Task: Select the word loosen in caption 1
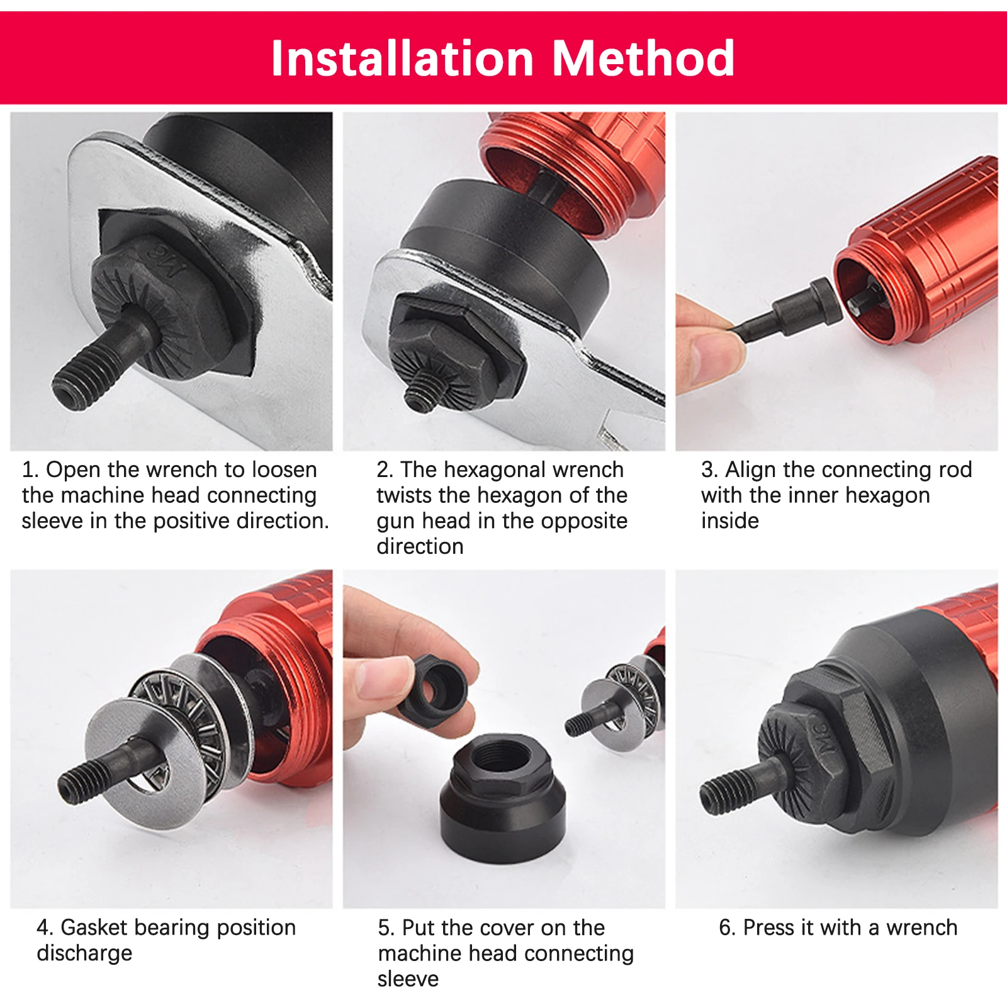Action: click(283, 470)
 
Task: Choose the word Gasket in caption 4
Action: click(94, 927)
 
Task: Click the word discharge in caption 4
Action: click(84, 954)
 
